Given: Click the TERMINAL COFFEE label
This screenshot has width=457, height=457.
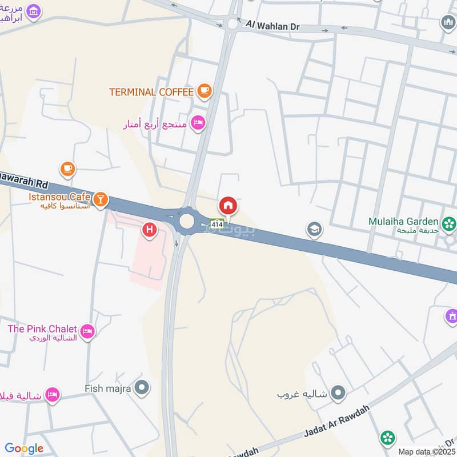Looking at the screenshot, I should point(152,91).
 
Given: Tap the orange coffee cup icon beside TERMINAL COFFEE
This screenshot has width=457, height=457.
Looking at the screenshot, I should point(204,90).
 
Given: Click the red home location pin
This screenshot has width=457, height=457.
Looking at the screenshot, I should point(228,206).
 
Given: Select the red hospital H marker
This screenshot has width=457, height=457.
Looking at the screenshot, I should point(150,230).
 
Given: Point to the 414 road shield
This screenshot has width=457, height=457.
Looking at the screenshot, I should point(217,225).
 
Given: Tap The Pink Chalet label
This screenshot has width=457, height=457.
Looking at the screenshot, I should point(42,329).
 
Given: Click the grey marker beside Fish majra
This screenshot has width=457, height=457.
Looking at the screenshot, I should point(142,388).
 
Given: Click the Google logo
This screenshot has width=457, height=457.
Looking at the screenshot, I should point(24,448).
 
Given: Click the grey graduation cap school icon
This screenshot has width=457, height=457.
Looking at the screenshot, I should point(314,230).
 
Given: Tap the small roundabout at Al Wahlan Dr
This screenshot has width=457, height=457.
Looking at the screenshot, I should point(232,24).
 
